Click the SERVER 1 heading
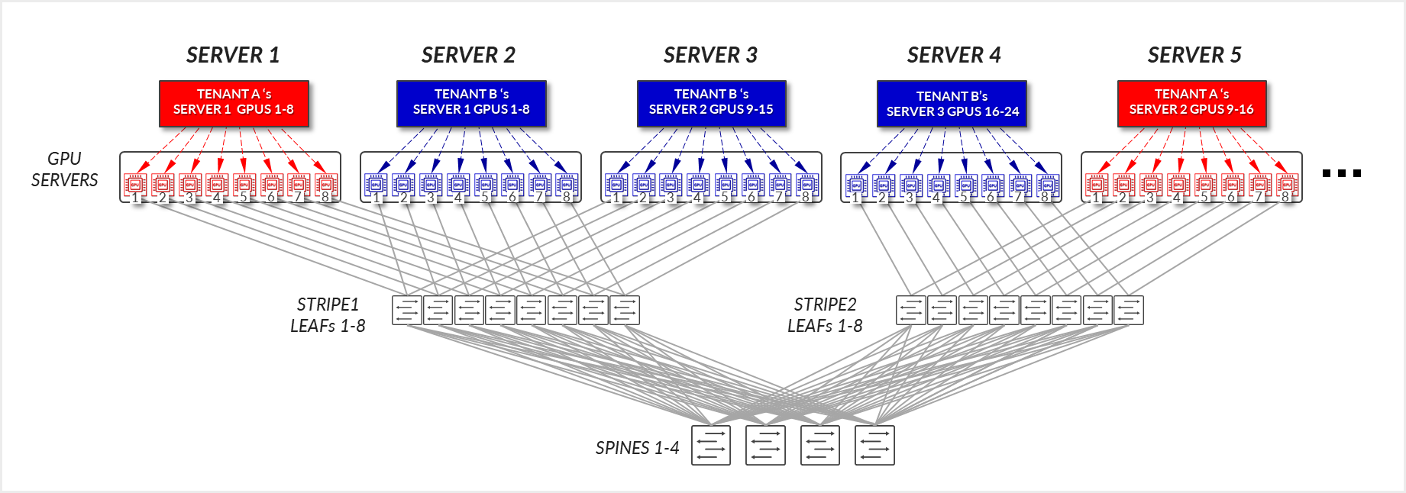233,55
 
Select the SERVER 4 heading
954,55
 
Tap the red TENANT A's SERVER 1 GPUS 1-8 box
234,102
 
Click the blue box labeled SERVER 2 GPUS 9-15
711,102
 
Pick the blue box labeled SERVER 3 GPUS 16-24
952,104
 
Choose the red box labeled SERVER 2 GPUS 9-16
1191,102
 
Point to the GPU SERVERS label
64,169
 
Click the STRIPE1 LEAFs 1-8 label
328,315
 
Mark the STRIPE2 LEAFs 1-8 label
825,315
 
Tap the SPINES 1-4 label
637,448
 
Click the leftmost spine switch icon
711,445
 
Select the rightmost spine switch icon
874,445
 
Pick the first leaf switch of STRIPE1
407,310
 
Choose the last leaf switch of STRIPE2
1129,310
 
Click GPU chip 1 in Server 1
135,184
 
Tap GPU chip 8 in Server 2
567,184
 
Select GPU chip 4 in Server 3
698,184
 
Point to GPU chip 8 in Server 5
1287,184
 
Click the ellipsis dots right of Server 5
1342,173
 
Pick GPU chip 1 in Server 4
856,184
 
